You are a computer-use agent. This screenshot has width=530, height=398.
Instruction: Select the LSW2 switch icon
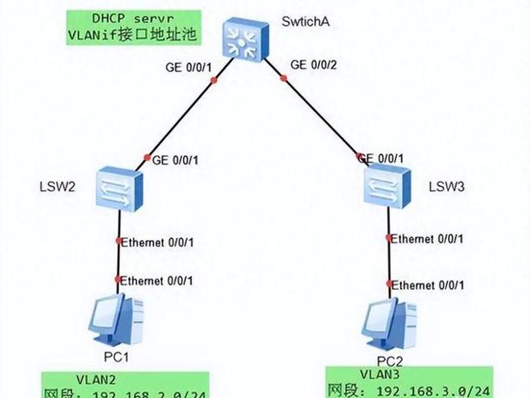pos(119,188)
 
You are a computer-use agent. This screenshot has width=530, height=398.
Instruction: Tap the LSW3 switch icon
pos(388,186)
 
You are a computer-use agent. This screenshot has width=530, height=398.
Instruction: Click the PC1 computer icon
pos(116,320)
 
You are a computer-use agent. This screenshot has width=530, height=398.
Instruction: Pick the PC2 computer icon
pos(389,324)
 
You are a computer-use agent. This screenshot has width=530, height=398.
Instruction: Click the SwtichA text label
pos(305,22)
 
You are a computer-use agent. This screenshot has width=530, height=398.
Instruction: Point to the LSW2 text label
pos(57,186)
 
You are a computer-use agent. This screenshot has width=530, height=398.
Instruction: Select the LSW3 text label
pos(447,186)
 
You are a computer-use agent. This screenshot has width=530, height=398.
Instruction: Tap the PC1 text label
pos(116,357)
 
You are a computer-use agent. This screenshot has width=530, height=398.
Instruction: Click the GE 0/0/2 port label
pos(313,64)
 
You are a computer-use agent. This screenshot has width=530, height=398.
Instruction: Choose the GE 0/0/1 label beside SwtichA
pos(189,68)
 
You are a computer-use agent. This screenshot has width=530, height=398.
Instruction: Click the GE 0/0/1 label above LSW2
pos(175,160)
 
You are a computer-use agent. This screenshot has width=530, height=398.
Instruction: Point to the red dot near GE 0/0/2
pos(284,78)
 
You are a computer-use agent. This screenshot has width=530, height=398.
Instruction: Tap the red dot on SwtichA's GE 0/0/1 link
pos(213,80)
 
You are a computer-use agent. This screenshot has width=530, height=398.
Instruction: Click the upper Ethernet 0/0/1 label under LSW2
pos(157,242)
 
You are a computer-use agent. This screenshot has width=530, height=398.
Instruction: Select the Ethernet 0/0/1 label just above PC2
pos(427,285)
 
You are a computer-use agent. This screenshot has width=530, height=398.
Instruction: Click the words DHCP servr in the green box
pos(133,19)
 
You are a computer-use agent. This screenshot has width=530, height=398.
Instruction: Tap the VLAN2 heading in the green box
pos(96,379)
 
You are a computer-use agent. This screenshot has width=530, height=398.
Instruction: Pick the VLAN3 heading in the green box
pos(380,374)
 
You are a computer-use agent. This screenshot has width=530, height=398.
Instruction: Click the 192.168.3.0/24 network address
pos(433,391)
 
